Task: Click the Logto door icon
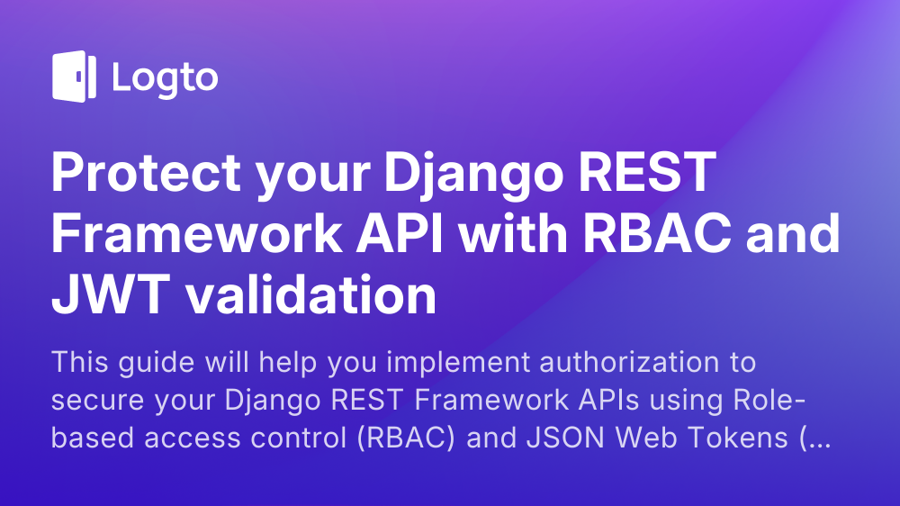pos(74,77)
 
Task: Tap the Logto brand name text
pos(165,77)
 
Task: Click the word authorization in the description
pos(597,365)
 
